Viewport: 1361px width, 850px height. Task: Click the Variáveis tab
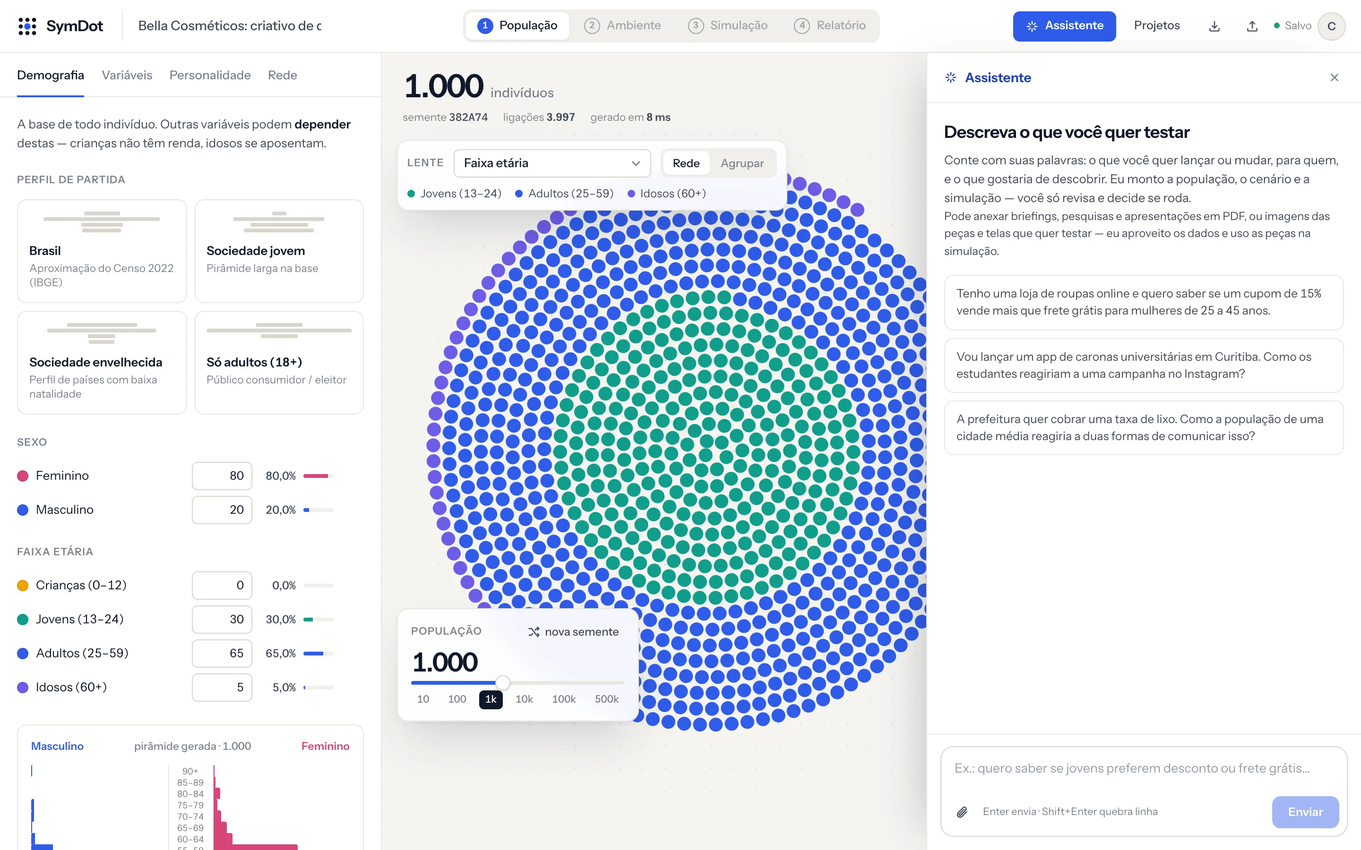tap(127, 76)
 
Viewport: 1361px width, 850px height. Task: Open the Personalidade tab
tap(210, 76)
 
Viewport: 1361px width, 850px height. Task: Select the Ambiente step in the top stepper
tap(622, 26)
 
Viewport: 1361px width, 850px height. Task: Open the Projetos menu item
tap(1156, 26)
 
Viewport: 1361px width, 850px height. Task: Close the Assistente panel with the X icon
tap(1334, 77)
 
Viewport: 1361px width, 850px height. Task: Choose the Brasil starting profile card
tap(102, 251)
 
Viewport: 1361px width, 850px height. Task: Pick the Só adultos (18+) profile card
tap(279, 363)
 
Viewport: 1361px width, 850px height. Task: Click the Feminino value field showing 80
tap(222, 476)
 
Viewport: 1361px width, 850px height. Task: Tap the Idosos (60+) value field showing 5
tap(222, 687)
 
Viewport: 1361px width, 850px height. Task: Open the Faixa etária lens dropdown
tap(551, 163)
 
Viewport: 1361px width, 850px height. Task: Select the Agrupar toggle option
tap(742, 163)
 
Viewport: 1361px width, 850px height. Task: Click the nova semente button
tap(573, 632)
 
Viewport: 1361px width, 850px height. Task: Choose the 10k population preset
tap(524, 699)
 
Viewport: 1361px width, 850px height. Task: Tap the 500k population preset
tap(606, 699)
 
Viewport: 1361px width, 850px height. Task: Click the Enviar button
tap(1305, 812)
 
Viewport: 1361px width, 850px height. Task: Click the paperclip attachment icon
tap(962, 812)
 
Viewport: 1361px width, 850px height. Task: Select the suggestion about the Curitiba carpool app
tap(1143, 365)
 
